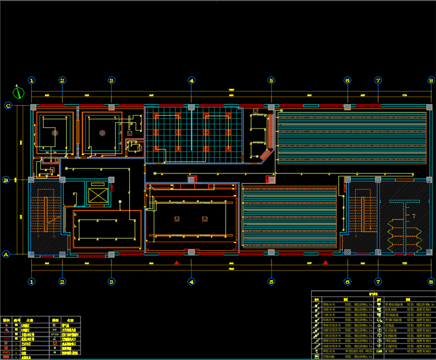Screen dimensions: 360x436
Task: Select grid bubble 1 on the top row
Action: click(x=32, y=80)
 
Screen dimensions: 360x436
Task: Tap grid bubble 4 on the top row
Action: click(x=191, y=80)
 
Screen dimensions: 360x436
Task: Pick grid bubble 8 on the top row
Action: click(x=431, y=80)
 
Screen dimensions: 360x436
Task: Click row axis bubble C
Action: click(x=8, y=106)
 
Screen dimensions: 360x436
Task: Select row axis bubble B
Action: click(x=6, y=179)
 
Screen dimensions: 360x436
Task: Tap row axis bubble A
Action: click(x=7, y=254)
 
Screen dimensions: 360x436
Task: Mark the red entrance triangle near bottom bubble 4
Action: click(x=177, y=263)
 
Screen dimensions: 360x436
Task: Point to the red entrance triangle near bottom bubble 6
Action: click(x=325, y=263)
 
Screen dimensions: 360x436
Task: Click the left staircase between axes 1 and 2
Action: click(x=46, y=216)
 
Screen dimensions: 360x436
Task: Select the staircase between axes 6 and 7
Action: click(x=363, y=216)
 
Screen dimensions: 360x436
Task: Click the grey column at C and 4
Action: click(x=191, y=107)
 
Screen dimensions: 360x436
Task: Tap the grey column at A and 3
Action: click(x=111, y=254)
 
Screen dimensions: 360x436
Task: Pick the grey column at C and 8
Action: click(x=429, y=107)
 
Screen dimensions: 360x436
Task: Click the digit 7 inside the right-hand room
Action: click(x=413, y=215)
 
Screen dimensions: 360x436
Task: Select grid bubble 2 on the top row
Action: click(x=62, y=80)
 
